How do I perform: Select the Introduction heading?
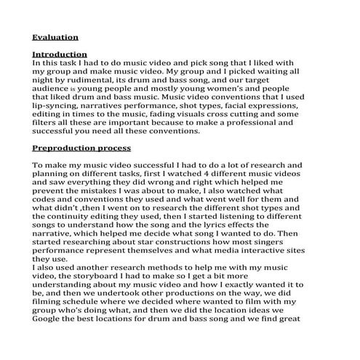click(60, 55)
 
